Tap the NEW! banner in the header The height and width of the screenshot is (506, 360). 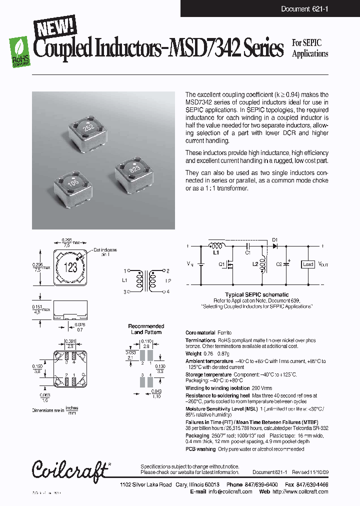click(54, 25)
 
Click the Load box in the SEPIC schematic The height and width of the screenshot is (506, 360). click(308, 264)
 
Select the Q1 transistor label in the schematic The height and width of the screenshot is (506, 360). click(221, 264)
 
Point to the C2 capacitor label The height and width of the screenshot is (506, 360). click(279, 264)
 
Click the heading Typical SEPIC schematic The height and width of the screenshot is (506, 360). click(256, 294)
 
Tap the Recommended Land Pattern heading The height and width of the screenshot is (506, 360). click(146, 329)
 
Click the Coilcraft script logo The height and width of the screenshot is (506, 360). click(70, 469)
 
